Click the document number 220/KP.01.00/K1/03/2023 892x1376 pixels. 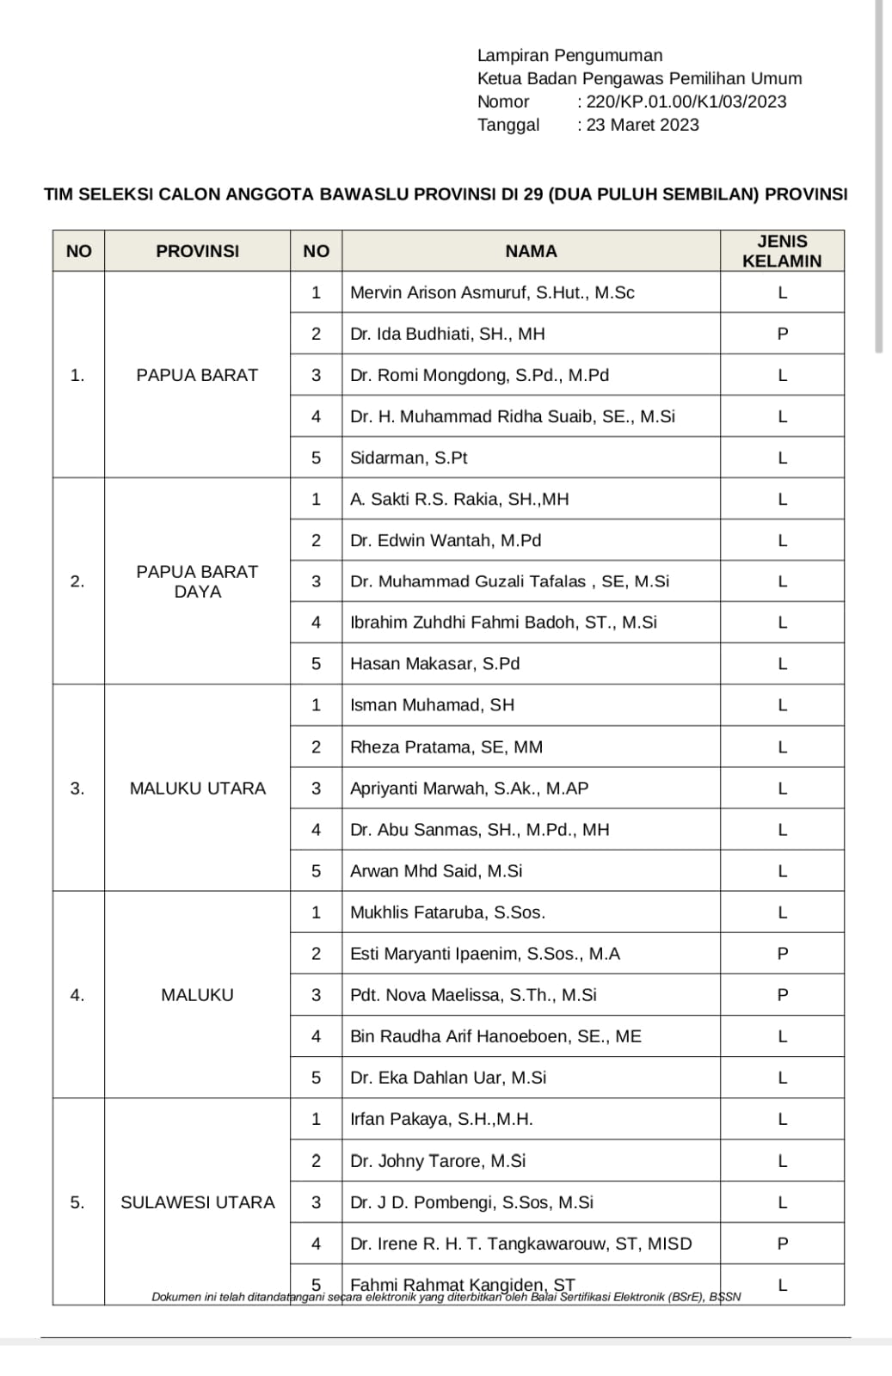(686, 101)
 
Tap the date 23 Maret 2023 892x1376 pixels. (643, 125)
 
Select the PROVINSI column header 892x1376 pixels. (197, 251)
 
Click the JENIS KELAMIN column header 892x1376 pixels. (781, 251)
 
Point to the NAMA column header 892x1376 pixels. (531, 251)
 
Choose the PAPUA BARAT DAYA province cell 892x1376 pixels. (197, 581)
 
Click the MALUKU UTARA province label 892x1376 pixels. (197, 789)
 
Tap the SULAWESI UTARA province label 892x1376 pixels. (197, 1202)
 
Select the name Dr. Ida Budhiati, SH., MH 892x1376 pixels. (447, 334)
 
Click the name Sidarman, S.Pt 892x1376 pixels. (409, 458)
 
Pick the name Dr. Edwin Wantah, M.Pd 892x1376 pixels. (446, 540)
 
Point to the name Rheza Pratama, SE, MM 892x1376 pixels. (446, 747)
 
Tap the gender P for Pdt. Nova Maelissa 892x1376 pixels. (782, 995)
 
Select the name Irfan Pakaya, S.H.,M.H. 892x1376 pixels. (441, 1119)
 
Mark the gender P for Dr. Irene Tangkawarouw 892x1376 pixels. (782, 1244)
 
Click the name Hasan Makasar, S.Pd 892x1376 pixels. (434, 664)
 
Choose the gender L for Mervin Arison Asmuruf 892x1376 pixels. (782, 292)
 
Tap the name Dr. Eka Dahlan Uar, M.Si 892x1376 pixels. (448, 1078)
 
